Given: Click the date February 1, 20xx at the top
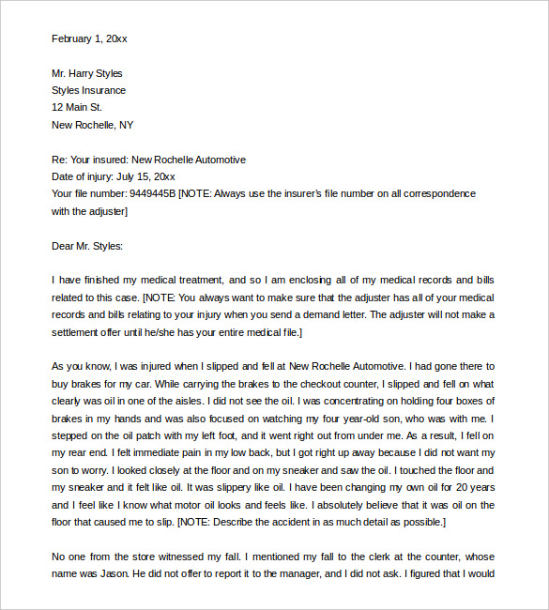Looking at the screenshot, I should click(89, 38).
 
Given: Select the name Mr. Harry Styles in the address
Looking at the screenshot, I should click(86, 73).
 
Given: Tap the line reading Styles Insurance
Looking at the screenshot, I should click(88, 90).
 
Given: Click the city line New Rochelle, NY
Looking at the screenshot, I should click(92, 125).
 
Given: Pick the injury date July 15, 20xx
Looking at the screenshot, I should click(145, 176).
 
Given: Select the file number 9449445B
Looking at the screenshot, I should click(150, 193).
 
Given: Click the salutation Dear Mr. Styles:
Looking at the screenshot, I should click(87, 246).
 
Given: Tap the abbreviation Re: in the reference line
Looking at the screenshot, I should click(60, 160).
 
